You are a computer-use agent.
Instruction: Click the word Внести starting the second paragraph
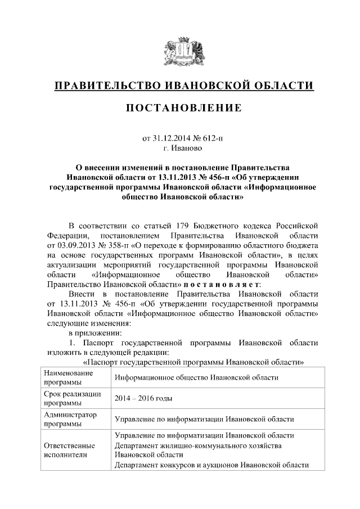pos(81,295)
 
